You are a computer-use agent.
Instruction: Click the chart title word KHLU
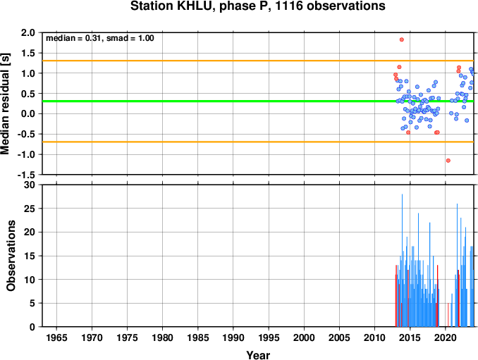point(194,6)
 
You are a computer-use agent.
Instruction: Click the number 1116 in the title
point(289,6)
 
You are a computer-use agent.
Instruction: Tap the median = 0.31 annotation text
point(73,38)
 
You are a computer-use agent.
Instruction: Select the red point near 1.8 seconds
point(401,39)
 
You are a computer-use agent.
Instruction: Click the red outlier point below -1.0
point(448,161)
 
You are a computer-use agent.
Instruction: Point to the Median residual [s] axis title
point(5,104)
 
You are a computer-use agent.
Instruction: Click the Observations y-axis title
point(11,256)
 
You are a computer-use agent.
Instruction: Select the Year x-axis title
point(258,355)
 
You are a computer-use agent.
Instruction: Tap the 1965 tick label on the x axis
point(56,337)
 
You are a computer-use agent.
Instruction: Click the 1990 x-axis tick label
point(233,337)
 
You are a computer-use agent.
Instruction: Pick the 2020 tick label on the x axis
point(446,337)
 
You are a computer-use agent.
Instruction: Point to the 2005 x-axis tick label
point(339,337)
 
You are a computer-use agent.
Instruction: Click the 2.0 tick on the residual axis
point(28,32)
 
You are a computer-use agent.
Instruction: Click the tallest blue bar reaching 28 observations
point(402,261)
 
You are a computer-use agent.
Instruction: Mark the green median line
point(258,101)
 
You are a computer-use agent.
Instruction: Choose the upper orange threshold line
point(258,61)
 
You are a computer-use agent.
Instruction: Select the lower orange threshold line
point(258,142)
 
